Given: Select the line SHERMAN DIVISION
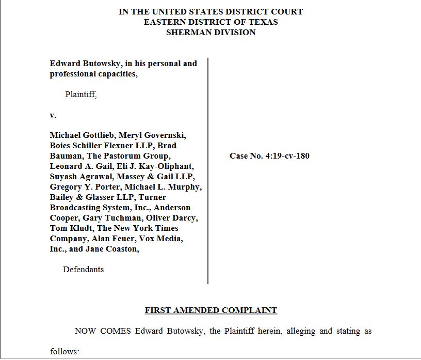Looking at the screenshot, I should point(211,32).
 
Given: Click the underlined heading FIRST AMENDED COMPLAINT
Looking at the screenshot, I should point(211,310).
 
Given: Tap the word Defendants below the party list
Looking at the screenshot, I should point(83,269).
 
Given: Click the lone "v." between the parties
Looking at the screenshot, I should point(53,115).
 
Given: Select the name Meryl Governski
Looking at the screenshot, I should point(152,135).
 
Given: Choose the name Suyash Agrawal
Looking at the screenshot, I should point(78,176).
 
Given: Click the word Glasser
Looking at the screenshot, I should point(103,197).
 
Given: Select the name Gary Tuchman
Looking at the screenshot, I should point(112,217).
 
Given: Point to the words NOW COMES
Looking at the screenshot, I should point(102,331).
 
